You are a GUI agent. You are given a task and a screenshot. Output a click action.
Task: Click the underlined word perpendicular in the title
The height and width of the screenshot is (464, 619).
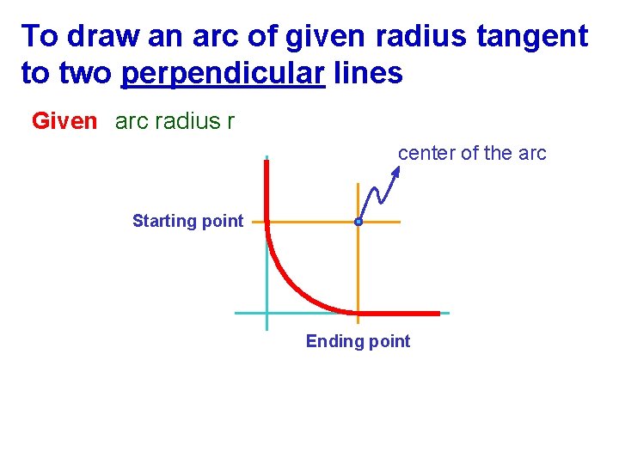coord(223,74)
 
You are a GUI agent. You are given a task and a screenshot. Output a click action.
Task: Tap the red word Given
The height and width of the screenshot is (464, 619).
coord(64,121)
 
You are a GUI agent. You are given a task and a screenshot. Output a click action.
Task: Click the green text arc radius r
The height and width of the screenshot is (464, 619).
coord(175,121)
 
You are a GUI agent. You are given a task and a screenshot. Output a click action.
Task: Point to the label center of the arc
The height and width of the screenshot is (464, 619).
coord(472,154)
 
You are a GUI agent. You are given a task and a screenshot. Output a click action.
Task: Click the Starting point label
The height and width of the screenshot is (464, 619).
coord(187,221)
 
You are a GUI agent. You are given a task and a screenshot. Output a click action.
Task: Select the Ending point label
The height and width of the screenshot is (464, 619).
coord(358,341)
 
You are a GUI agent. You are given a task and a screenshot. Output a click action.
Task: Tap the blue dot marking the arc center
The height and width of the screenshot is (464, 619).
coord(359,222)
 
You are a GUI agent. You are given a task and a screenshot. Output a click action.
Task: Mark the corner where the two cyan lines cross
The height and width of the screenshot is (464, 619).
coord(267,313)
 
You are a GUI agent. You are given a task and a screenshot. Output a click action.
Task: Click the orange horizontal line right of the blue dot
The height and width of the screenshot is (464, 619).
coord(383,222)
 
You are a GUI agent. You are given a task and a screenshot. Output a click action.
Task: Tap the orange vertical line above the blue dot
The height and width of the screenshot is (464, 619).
coord(358,201)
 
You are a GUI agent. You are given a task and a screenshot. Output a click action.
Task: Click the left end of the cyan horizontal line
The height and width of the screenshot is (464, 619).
coord(238,313)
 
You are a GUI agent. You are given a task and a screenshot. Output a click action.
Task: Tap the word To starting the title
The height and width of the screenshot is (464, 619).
coord(40,36)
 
